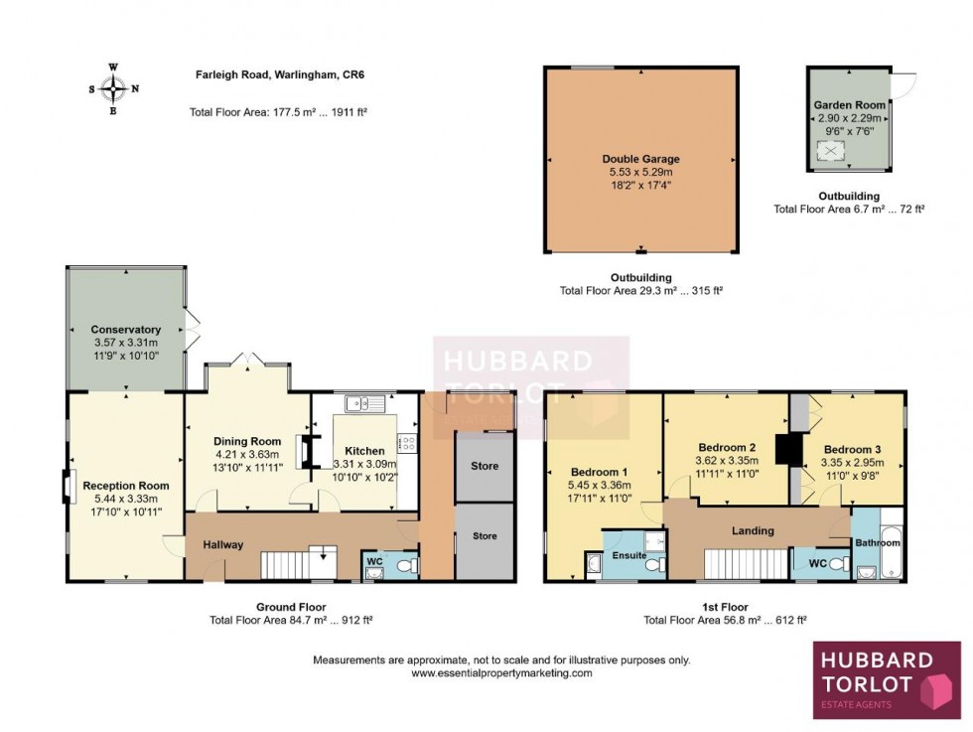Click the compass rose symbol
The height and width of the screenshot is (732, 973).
click(x=113, y=88)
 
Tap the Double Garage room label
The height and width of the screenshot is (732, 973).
click(x=640, y=159)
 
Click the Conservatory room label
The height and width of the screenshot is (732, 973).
click(x=125, y=330)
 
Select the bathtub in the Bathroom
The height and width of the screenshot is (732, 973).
click(x=891, y=542)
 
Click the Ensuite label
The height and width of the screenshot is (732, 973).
click(x=629, y=554)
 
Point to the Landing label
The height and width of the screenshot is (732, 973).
click(x=753, y=530)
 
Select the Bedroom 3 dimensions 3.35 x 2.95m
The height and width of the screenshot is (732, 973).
click(x=851, y=462)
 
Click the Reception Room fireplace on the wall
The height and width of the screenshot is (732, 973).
click(x=69, y=487)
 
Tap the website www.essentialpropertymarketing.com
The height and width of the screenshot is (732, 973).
click(x=501, y=672)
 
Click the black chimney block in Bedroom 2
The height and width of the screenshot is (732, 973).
click(x=789, y=449)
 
